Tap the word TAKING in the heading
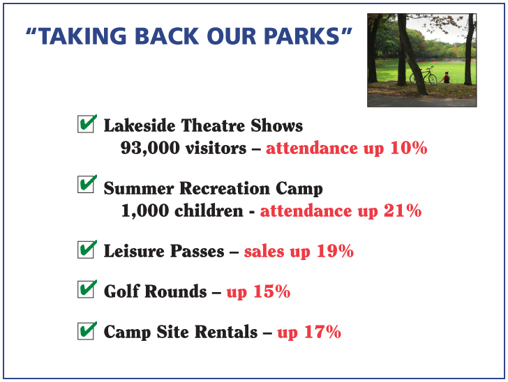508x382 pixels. click(x=82, y=36)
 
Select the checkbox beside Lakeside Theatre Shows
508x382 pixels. click(x=86, y=124)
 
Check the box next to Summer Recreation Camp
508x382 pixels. click(x=86, y=185)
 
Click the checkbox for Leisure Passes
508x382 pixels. click(x=86, y=250)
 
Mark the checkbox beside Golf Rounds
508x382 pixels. click(x=86, y=289)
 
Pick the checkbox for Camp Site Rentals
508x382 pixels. click(x=86, y=331)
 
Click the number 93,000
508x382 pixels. click(x=150, y=148)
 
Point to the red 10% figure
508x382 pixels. click(x=408, y=148)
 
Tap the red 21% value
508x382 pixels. click(x=403, y=211)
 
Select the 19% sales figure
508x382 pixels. click(x=335, y=251)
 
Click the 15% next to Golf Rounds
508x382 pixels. click(x=272, y=291)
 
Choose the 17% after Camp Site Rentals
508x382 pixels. click(x=322, y=332)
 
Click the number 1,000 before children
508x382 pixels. click(x=145, y=211)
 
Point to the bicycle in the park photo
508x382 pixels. click(x=423, y=75)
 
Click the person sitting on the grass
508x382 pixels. click(x=446, y=77)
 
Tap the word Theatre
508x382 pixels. click(x=213, y=125)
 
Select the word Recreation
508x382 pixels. click(x=225, y=188)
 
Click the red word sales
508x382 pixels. click(x=264, y=252)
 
